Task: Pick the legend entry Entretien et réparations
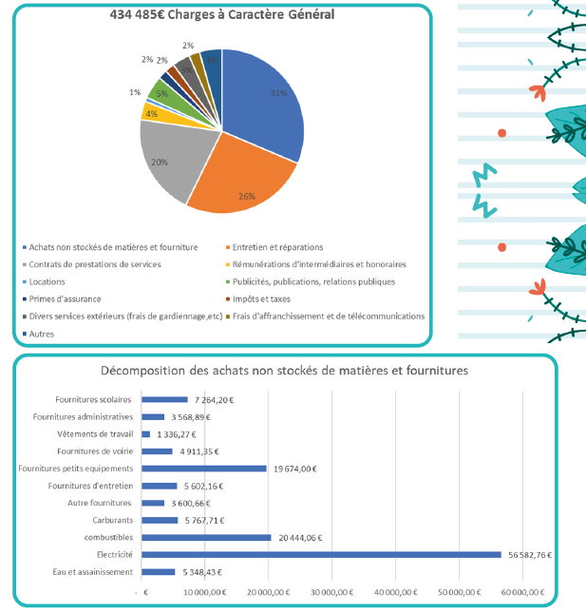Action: click(278, 247)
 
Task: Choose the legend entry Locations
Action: click(47, 281)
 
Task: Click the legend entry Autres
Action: click(42, 334)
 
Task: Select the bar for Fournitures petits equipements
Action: click(203, 468)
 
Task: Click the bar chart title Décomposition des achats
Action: click(284, 370)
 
